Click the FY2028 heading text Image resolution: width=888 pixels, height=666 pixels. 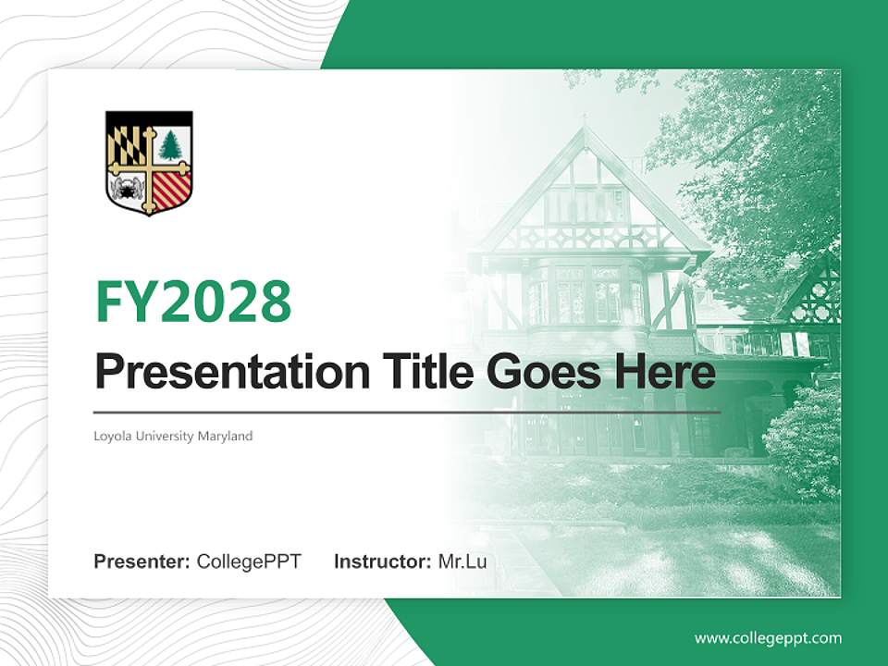[193, 302]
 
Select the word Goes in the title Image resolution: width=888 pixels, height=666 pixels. [541, 373]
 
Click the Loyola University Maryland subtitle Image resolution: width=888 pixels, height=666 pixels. [173, 436]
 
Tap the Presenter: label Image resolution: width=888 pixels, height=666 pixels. [142, 561]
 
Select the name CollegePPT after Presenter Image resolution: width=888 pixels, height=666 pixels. [249, 561]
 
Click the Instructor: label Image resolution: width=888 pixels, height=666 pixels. [383, 561]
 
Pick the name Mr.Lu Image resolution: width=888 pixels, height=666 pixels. [462, 561]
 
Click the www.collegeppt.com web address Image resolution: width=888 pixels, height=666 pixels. [768, 638]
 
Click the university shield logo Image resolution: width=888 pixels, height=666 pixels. [149, 163]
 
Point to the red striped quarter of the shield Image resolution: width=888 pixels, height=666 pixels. [171, 190]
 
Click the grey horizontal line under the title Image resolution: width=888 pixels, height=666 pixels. [407, 412]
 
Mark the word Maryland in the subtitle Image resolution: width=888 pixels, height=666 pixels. [225, 436]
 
